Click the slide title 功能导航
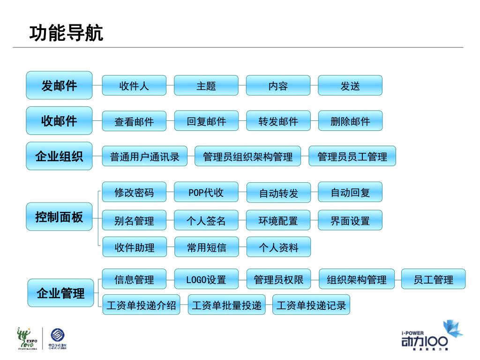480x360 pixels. (66, 34)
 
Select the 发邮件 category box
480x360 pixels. (59, 86)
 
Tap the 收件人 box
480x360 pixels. (134, 86)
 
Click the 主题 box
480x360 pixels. (206, 86)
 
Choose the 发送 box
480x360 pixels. (350, 86)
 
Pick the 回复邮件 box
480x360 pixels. (206, 121)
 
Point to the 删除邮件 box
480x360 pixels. (350, 121)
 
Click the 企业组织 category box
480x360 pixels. (59, 156)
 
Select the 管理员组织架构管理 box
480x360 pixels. (248, 157)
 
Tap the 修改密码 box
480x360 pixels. (134, 192)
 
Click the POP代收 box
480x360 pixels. (206, 192)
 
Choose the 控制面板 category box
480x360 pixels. (59, 217)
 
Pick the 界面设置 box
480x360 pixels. (350, 220)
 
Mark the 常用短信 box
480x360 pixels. (206, 247)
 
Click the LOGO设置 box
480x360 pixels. (206, 279)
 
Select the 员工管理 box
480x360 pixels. (434, 279)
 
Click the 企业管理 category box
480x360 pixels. (60, 293)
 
